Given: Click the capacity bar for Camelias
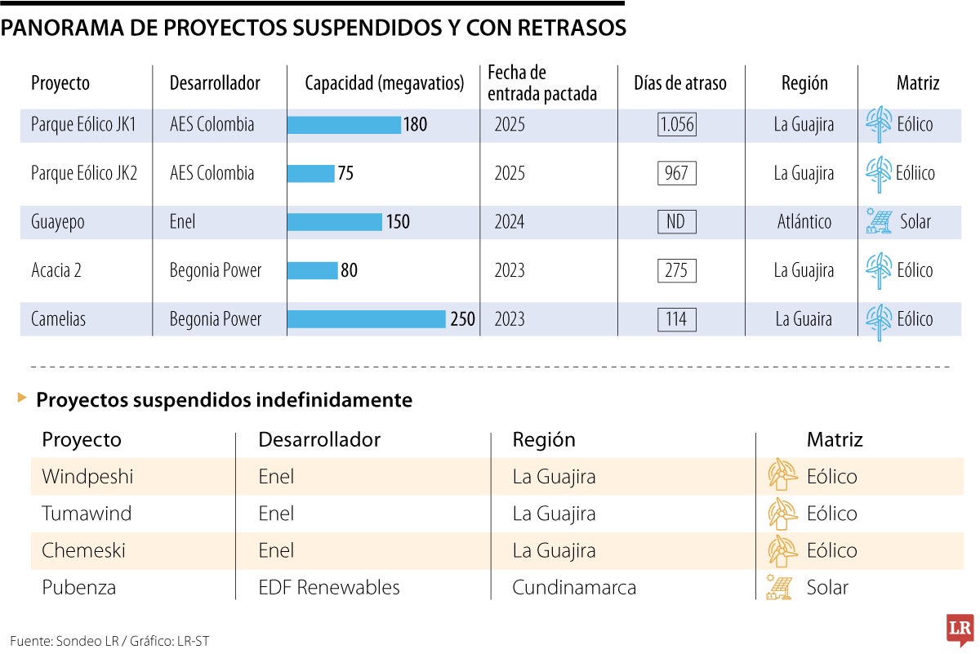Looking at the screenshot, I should coord(367,319).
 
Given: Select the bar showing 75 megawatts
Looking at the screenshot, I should coord(311,173).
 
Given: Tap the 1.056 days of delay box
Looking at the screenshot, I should coord(676,125).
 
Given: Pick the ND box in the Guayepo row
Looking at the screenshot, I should coord(676,222).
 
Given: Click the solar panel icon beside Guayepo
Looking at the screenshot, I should coord(879,222).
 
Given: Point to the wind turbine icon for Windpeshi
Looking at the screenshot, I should coord(782,475).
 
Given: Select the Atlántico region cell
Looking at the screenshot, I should coord(804,222).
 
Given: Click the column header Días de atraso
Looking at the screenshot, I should coord(679,83).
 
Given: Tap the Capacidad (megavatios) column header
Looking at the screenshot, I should coord(384,83).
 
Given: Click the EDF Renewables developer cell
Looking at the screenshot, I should coord(329,587).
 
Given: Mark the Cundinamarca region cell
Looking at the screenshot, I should coord(574,587).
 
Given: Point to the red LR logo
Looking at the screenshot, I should coord(960,630).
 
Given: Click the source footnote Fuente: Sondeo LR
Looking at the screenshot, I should coord(109,641).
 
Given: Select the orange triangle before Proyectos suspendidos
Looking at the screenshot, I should coord(22,398).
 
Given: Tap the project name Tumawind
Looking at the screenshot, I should coord(87,514).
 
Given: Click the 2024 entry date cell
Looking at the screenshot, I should coord(510,222).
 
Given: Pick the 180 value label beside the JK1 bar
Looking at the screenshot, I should coord(415,125).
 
